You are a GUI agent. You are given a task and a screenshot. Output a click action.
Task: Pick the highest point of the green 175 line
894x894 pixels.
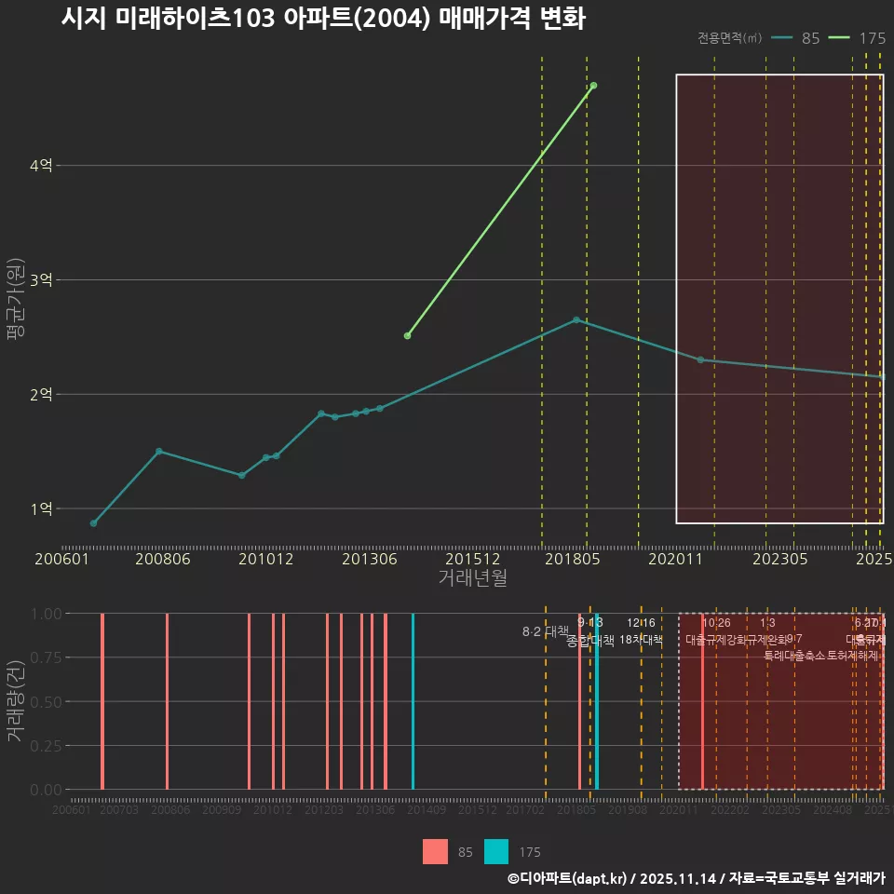coord(593,86)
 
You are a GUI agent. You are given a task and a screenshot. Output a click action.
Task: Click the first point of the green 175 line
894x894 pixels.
coord(407,335)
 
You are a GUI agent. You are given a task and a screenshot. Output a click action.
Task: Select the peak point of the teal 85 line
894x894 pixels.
coord(576,319)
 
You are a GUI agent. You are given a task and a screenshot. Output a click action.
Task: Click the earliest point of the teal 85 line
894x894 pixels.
coord(93,523)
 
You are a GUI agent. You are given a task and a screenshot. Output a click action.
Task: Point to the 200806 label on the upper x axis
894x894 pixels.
coord(163,560)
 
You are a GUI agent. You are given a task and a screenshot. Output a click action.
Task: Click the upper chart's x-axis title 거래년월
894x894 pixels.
coord(472,578)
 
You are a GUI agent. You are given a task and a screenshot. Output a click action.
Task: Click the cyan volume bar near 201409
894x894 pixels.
coord(413,701)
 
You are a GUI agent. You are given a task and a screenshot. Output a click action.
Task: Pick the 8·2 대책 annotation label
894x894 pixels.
coord(546,631)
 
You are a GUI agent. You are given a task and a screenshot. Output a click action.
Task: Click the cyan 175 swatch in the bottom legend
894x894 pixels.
coord(496,852)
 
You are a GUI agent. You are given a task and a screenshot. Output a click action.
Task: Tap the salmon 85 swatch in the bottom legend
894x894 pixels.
coord(435,852)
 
